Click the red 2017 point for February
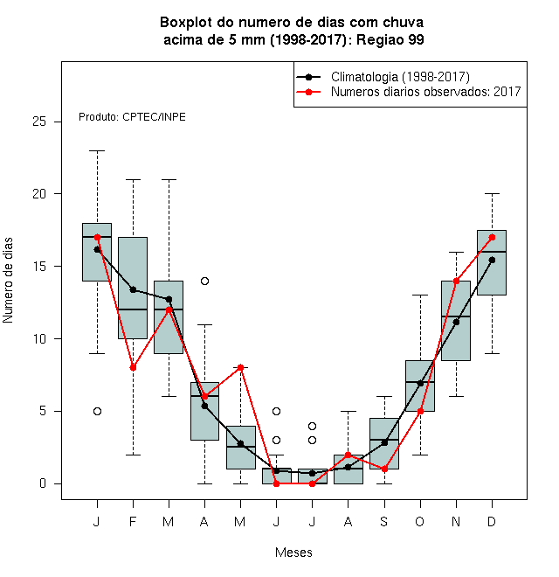(x=133, y=367)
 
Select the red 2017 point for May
(x=240, y=367)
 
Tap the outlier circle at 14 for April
(x=205, y=282)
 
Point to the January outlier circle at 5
(x=98, y=412)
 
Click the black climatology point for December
(x=492, y=261)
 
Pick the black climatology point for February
(x=133, y=290)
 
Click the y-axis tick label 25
(x=39, y=122)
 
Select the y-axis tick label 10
(x=39, y=338)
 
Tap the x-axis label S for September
(x=384, y=521)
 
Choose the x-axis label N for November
(x=456, y=521)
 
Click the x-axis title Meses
(x=293, y=553)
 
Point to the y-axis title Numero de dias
(x=8, y=281)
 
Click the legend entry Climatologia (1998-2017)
(x=400, y=77)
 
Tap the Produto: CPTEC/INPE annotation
(x=132, y=117)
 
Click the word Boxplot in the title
(x=186, y=23)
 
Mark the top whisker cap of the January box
(x=98, y=151)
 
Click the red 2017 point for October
(x=420, y=412)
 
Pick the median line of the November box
(x=456, y=316)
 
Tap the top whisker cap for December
(x=492, y=193)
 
